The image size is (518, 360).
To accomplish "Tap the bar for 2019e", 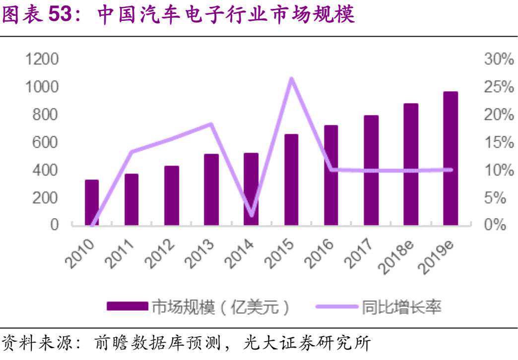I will [x=451, y=158].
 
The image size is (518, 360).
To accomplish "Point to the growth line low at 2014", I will [x=251, y=214].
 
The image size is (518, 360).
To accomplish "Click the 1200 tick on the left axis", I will [x=42, y=60].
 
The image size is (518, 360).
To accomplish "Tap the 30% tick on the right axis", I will [x=498, y=60].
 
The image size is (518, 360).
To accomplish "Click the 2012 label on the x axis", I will [x=163, y=253].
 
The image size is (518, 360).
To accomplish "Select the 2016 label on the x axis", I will [x=323, y=253].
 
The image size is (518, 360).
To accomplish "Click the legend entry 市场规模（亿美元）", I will [x=198, y=307].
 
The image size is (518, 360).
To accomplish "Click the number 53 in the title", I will [x=60, y=15].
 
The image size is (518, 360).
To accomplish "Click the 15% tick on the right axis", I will [x=498, y=143].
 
